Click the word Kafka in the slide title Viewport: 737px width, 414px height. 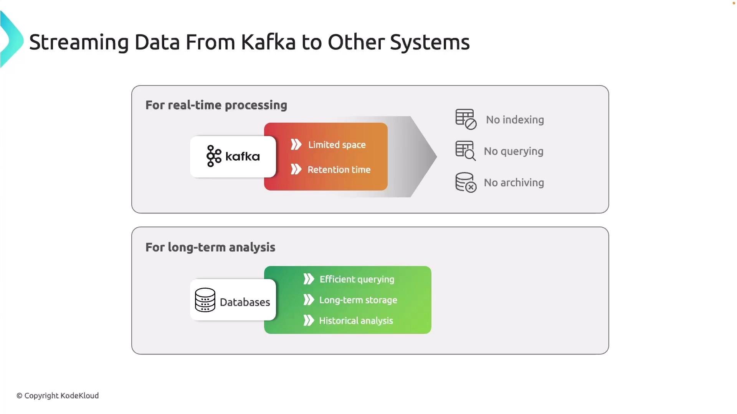[x=268, y=42]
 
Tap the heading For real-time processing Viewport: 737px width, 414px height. [x=216, y=105]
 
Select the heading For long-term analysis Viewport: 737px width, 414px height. [x=210, y=247]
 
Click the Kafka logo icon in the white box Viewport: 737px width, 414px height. [x=214, y=156]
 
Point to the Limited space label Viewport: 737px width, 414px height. [x=337, y=145]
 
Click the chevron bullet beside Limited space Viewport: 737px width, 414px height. [x=296, y=145]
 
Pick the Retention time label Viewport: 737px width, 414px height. [x=339, y=169]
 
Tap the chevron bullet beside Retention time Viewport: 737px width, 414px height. [x=296, y=169]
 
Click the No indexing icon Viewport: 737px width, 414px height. [x=466, y=119]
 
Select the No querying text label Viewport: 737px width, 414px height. [x=514, y=151]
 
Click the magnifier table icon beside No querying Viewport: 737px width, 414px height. [x=466, y=151]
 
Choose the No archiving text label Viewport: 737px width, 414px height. [x=514, y=183]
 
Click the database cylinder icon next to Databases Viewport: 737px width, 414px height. [x=205, y=300]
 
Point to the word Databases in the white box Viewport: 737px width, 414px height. [x=245, y=302]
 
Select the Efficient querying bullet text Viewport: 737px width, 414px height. [x=357, y=279]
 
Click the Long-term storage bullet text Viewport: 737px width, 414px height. [x=358, y=300]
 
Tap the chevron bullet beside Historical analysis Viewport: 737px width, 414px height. [x=309, y=320]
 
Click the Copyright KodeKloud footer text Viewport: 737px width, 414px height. [x=58, y=396]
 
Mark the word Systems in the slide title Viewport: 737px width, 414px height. [x=430, y=43]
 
